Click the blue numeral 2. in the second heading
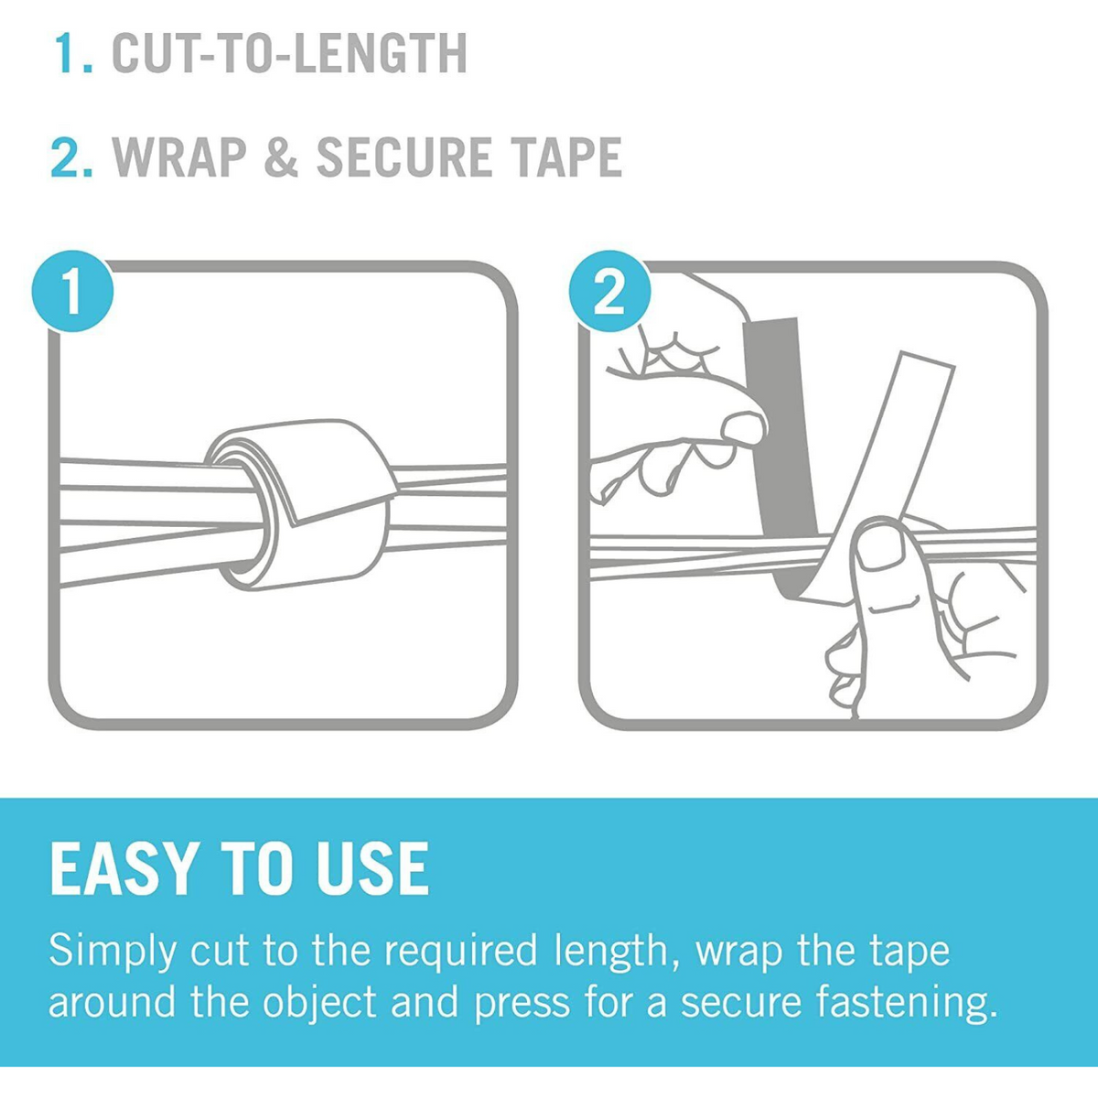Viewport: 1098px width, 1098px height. [x=72, y=157]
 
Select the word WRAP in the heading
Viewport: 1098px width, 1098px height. [x=180, y=157]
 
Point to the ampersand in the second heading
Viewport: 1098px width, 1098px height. [x=281, y=157]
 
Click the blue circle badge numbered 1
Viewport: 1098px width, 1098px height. [x=72, y=296]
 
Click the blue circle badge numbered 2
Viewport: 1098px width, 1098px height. [x=609, y=294]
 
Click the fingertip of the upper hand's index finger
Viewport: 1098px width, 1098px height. [x=743, y=428]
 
